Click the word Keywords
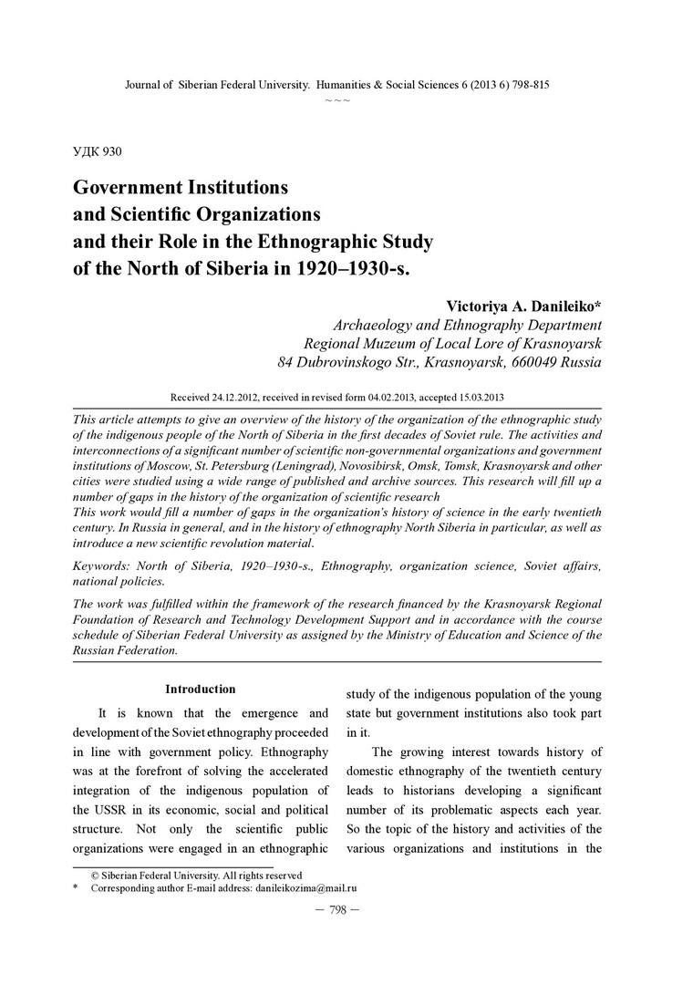(103, 566)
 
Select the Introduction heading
(200, 689)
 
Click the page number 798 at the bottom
(337, 910)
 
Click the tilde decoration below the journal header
(337, 98)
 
